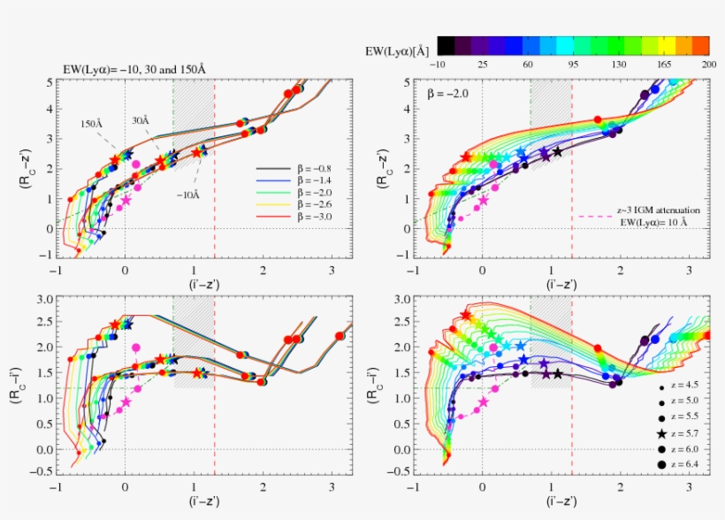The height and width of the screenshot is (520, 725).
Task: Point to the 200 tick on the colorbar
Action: click(706, 64)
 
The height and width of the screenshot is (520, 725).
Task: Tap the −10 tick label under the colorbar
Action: click(436, 64)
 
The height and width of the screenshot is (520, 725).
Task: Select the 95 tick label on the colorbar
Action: click(571, 64)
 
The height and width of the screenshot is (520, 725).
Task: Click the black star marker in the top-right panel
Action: click(557, 151)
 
